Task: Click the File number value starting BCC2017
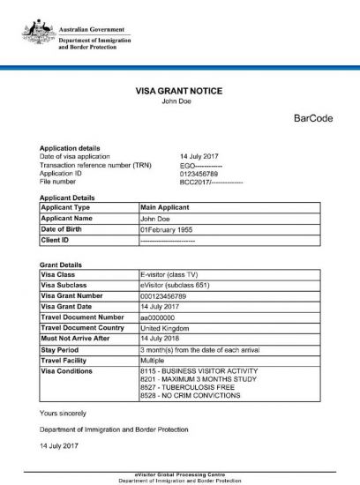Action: pos(210,183)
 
